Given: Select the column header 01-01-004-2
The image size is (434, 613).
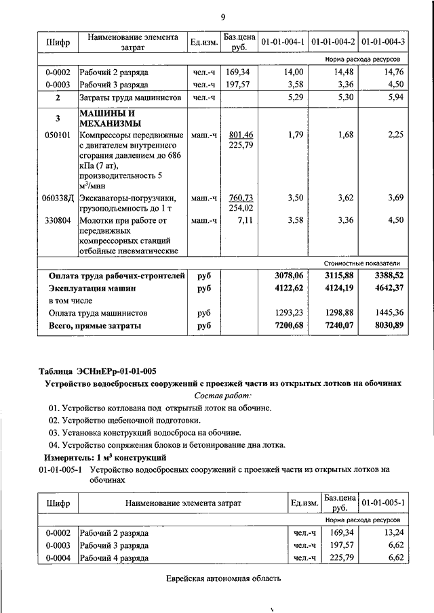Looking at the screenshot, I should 333,43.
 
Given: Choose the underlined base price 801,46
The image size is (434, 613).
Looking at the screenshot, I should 241,135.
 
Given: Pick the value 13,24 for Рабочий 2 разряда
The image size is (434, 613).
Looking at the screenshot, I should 392,533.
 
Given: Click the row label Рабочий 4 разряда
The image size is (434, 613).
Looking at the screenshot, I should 114,558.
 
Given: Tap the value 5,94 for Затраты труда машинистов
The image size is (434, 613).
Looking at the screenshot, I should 393,98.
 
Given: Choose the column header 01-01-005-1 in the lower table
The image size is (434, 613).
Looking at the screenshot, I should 383,503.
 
